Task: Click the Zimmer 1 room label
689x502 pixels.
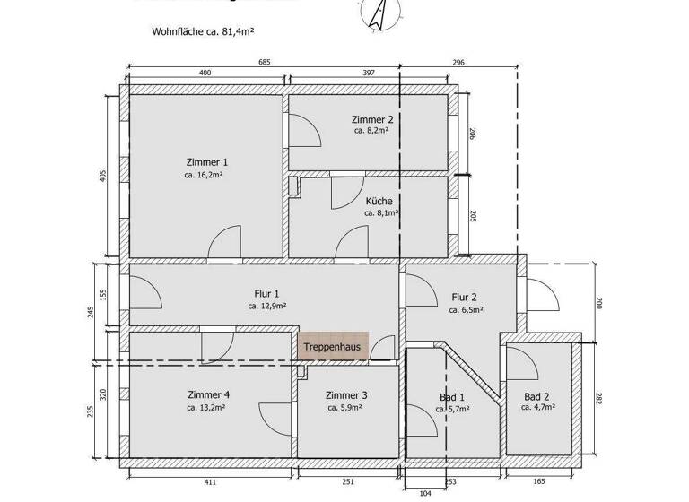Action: point(206,162)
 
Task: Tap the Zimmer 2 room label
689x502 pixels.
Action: point(372,119)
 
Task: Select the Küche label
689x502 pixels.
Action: point(379,201)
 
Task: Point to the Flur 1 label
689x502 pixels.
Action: point(266,293)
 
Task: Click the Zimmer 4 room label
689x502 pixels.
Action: point(208,394)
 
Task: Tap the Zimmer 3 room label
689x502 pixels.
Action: point(346,394)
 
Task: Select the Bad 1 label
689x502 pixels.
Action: point(451,396)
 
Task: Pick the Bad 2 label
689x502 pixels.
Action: point(536,396)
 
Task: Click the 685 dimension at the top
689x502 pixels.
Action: point(264,63)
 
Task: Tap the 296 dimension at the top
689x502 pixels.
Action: point(458,63)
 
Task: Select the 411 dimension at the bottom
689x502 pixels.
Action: point(210,482)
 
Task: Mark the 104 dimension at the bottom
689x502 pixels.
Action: point(424,494)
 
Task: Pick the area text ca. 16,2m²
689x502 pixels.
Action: point(204,176)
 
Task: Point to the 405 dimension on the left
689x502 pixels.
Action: point(103,176)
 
